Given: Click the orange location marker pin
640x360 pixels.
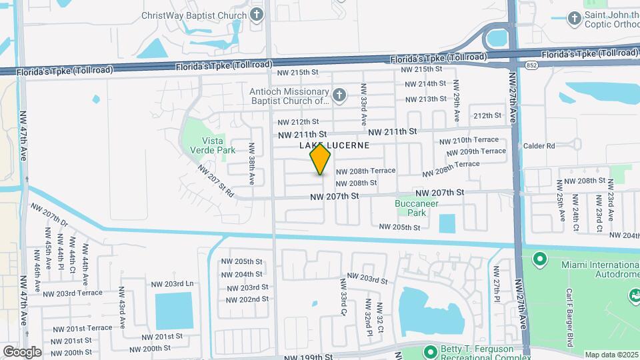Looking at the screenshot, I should point(321,159).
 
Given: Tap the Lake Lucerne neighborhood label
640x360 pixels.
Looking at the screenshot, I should point(334,145).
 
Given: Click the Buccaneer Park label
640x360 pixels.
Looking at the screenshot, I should point(411,208).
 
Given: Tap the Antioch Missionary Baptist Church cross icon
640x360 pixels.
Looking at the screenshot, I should point(339,95).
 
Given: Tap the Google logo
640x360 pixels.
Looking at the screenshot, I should point(22,351).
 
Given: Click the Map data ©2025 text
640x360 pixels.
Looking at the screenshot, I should point(611,354).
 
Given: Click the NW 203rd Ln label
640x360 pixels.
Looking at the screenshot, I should point(171,283).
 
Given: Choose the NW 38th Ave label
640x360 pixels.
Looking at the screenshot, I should point(252,164).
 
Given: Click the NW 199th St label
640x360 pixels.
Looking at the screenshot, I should point(308,357).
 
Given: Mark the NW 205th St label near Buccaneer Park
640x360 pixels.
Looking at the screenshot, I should point(400,227).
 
